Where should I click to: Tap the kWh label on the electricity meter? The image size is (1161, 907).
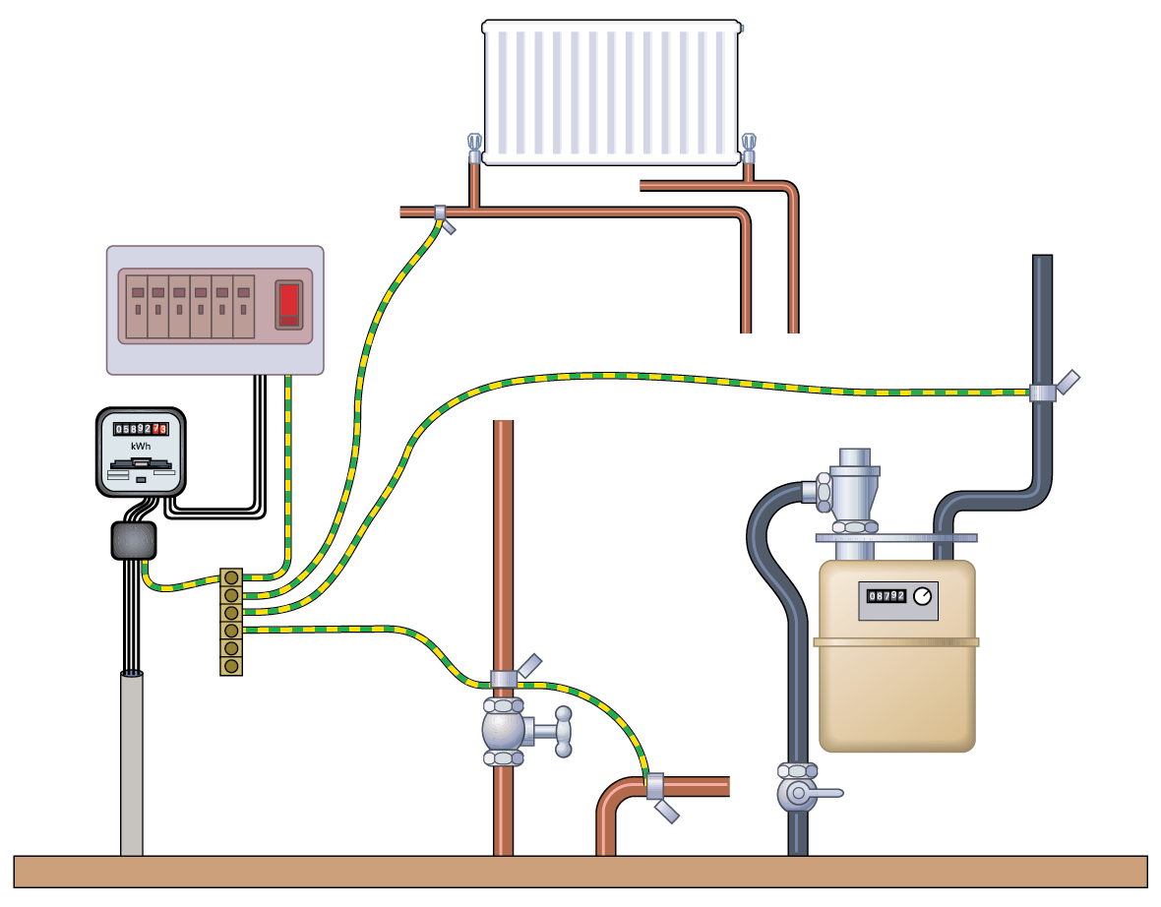pyautogui.click(x=141, y=446)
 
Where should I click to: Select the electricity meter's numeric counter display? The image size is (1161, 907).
pyautogui.click(x=141, y=429)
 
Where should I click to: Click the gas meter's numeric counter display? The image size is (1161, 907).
pyautogui.click(x=886, y=596)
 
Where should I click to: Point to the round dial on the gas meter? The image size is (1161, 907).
pyautogui.click(x=922, y=596)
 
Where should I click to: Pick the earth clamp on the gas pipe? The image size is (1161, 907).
pyautogui.click(x=1044, y=392)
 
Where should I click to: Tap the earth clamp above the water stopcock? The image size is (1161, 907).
pyautogui.click(x=504, y=678)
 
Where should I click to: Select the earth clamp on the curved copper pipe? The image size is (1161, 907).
pyautogui.click(x=655, y=785)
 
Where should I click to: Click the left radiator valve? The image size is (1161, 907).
pyautogui.click(x=474, y=149)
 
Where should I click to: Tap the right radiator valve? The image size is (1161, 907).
pyautogui.click(x=749, y=149)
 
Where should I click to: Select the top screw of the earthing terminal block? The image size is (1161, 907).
pyautogui.click(x=231, y=577)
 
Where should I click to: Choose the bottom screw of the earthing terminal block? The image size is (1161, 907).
pyautogui.click(x=231, y=666)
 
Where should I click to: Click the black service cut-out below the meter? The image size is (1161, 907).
pyautogui.click(x=134, y=540)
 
